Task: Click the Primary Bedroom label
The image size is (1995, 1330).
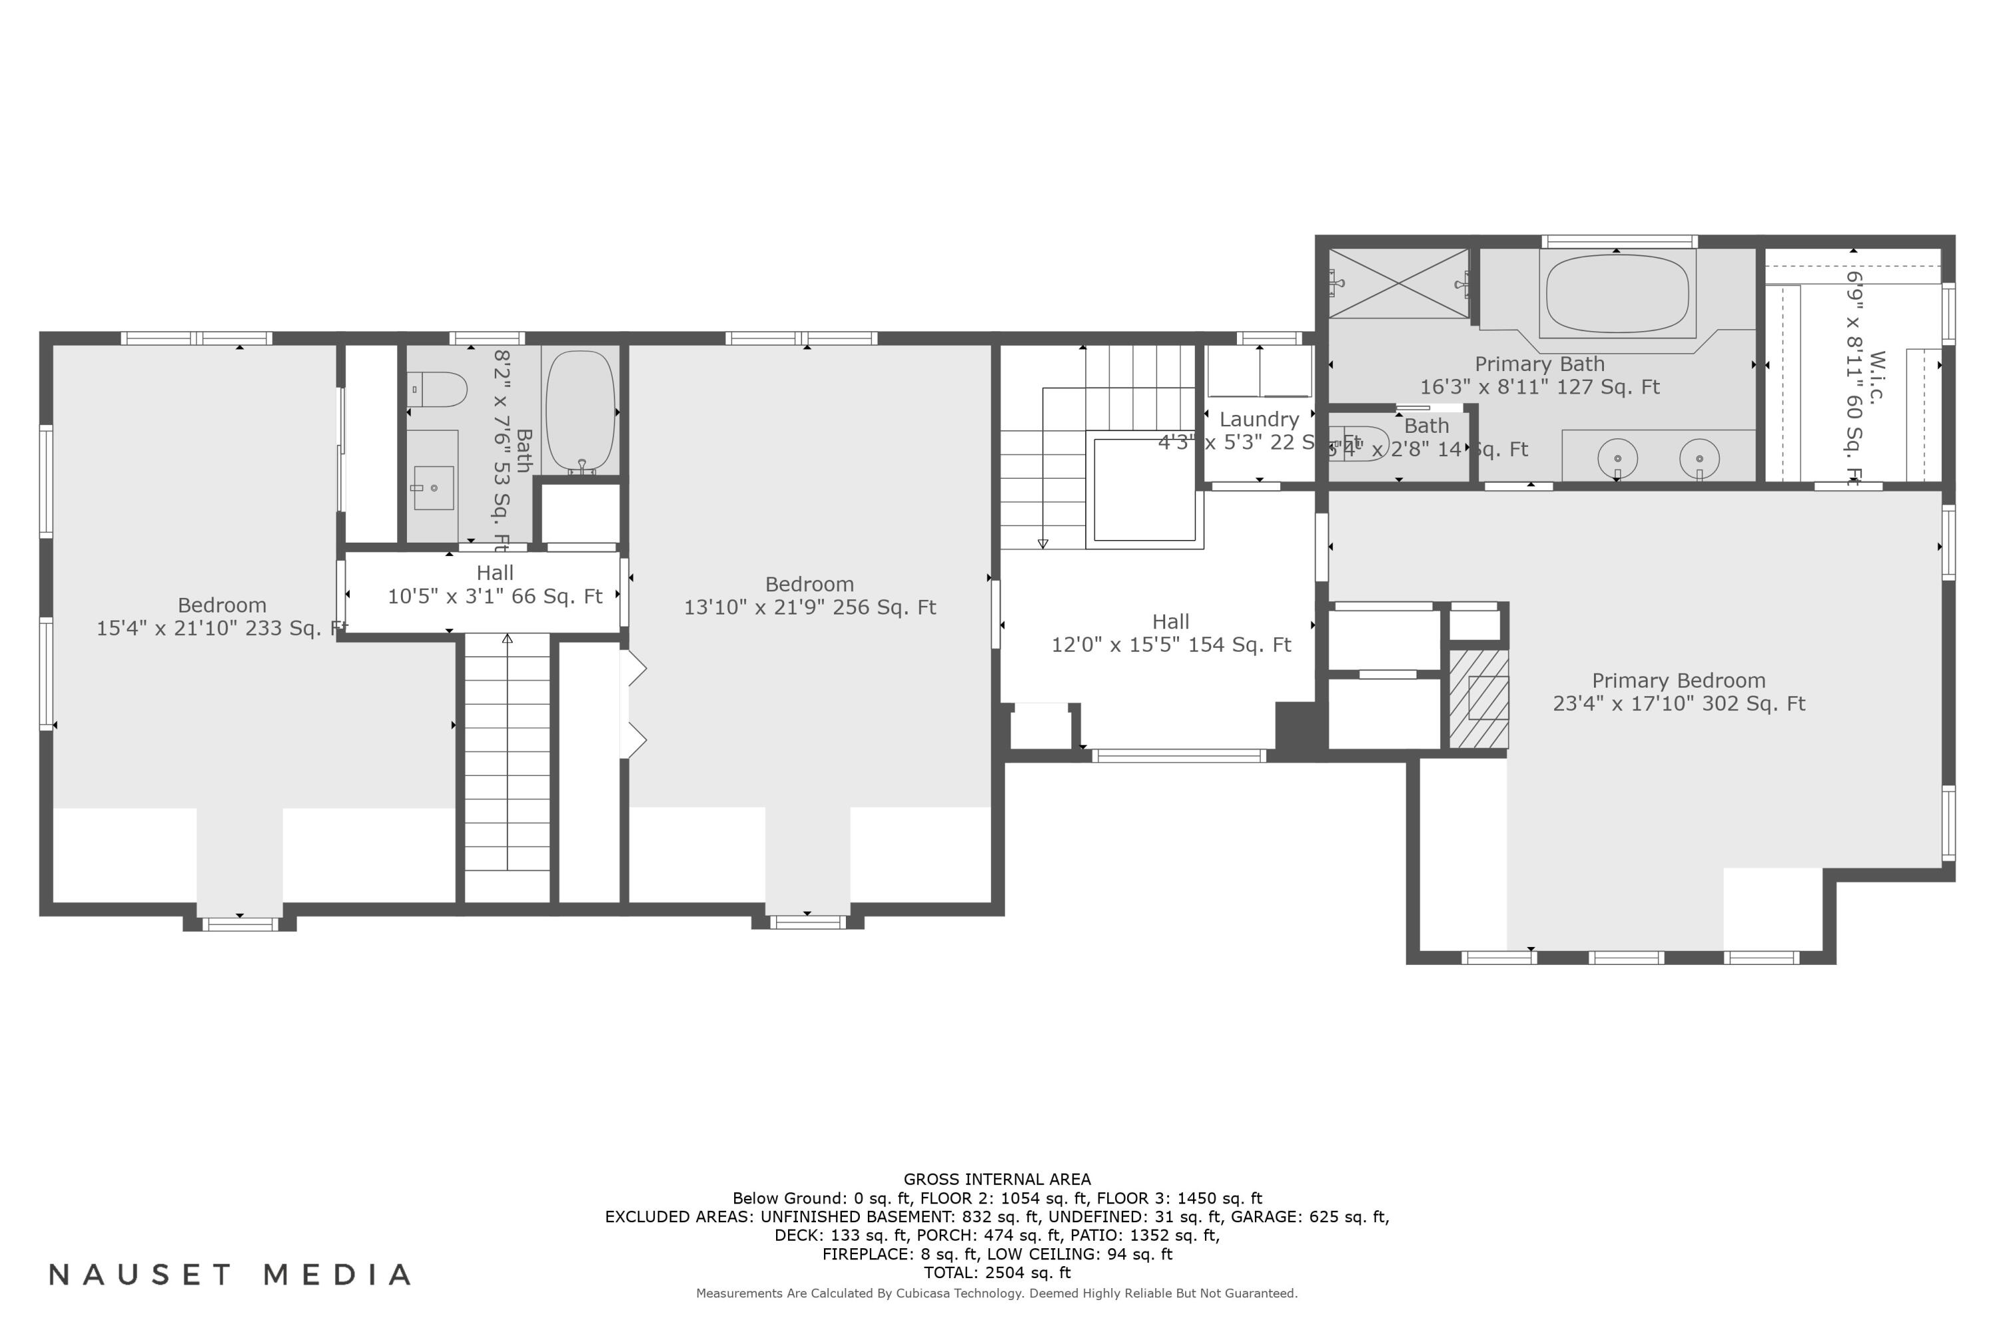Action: [1678, 692]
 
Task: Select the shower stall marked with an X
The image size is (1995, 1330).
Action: [1398, 284]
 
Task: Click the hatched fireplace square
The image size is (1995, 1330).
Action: [1478, 698]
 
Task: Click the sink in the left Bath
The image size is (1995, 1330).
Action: [434, 487]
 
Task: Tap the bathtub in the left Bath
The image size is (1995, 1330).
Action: [580, 413]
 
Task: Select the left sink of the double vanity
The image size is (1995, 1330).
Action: [1617, 458]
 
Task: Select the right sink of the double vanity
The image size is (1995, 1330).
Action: [1699, 458]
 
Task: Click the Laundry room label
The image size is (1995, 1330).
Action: [1259, 420]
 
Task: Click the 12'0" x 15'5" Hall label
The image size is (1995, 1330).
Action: [1170, 634]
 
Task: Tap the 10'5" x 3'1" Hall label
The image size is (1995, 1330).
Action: [495, 585]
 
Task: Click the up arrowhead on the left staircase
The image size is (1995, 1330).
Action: [507, 638]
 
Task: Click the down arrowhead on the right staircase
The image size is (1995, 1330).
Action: [1043, 544]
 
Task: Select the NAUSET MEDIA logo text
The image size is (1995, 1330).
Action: [230, 1275]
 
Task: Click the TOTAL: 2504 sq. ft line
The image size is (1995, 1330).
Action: [997, 1272]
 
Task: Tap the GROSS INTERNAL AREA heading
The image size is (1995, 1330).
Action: [997, 1179]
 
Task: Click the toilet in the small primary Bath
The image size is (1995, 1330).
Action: [1357, 444]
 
